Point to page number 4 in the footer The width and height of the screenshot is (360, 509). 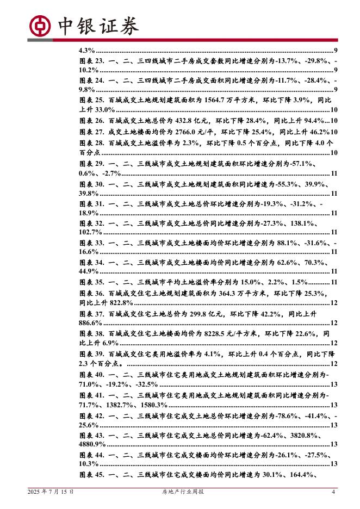click(x=333, y=492)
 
